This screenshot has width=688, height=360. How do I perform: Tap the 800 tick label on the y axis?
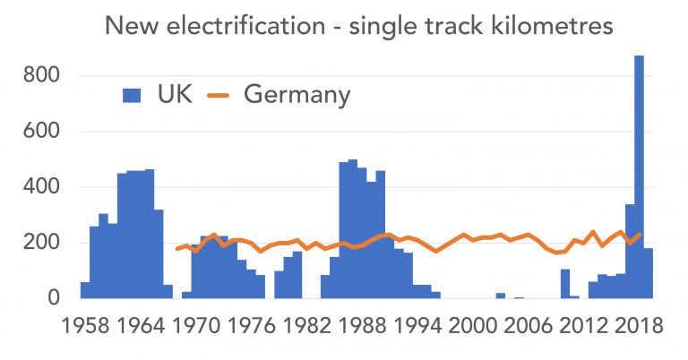point(40,76)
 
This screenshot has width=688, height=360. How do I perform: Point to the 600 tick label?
point(40,132)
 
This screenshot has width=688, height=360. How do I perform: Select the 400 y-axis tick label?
point(40,187)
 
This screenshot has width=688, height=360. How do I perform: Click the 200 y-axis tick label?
point(40,243)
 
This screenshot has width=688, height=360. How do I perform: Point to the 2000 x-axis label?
point(473,326)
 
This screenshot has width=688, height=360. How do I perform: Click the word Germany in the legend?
point(297,95)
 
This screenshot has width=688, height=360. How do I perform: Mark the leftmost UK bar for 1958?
point(85,290)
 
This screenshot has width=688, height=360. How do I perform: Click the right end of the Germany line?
point(640,235)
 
